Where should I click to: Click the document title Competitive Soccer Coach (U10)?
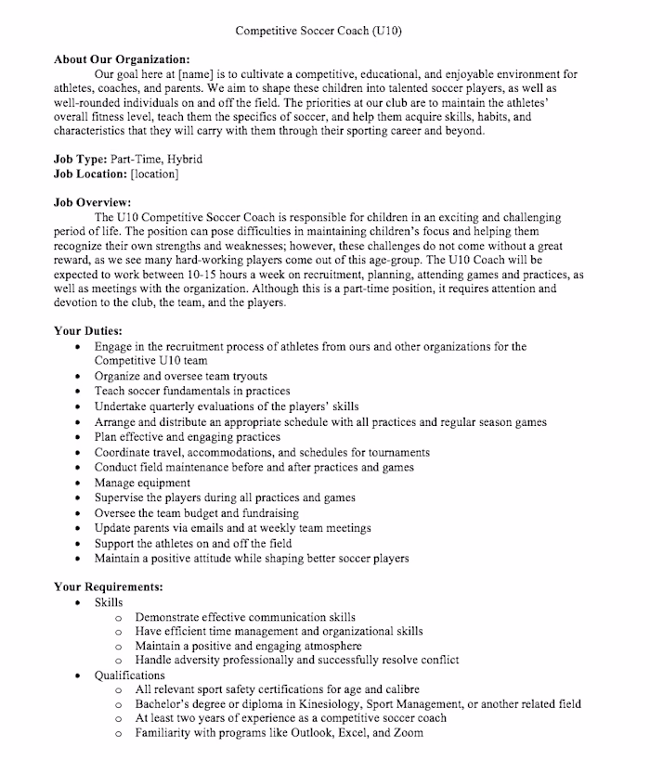318,31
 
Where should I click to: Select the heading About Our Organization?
122,59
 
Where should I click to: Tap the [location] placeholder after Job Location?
155,174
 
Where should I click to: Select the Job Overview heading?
92,202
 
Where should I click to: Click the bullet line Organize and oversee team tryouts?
180,376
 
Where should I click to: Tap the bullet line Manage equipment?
142,483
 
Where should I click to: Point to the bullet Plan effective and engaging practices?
187,437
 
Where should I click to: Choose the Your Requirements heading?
109,586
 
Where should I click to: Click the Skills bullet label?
109,602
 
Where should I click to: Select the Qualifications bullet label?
129,676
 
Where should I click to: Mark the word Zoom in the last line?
407,733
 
